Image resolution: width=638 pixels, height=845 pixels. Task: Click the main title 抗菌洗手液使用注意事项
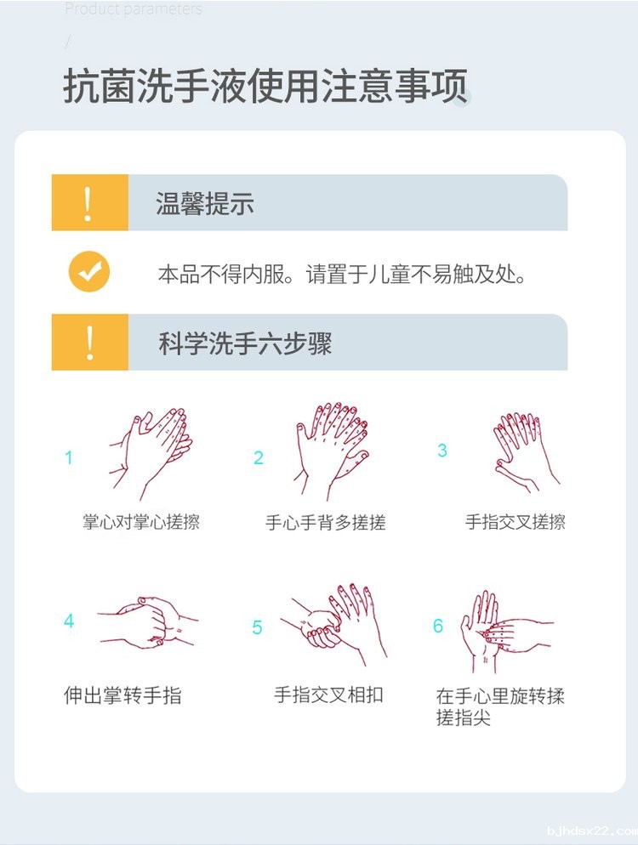[265, 88]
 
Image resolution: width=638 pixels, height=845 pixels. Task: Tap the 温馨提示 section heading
[204, 203]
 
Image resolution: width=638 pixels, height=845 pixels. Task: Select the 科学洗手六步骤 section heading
[244, 343]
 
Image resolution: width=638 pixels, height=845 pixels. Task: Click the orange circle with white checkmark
[89, 272]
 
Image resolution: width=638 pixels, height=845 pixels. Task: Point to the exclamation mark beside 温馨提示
[88, 203]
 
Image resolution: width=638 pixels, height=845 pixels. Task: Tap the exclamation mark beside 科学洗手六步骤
[88, 343]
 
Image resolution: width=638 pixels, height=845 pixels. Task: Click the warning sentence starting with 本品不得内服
[343, 275]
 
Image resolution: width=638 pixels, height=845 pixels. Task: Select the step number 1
[69, 458]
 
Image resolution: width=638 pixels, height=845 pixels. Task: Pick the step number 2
[259, 458]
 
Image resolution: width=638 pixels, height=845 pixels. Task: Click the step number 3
[442, 451]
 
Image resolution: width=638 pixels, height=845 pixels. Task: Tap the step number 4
[69, 621]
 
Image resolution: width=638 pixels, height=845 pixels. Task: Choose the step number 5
[258, 628]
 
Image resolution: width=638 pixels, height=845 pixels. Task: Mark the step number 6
[438, 627]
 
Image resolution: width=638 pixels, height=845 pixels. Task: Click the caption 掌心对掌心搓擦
[141, 522]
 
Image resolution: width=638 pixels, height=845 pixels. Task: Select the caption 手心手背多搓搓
[326, 523]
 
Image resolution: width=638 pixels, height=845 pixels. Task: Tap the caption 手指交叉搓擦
[515, 522]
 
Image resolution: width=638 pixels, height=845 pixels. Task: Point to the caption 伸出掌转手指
[123, 695]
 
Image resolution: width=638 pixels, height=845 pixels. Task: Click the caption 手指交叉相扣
[328, 695]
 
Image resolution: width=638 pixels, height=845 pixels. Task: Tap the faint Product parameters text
[134, 9]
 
